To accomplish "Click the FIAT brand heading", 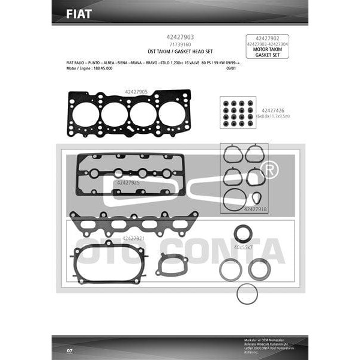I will pyautogui.click(x=79, y=14).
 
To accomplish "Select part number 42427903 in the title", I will pyautogui.click(x=179, y=37).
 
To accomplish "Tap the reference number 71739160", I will pyautogui.click(x=179, y=44).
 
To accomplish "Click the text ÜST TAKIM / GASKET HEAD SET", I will pyautogui.click(x=179, y=52).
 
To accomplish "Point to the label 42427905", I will pyautogui.click(x=136, y=92).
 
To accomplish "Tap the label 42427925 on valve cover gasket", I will pyautogui.click(x=128, y=182).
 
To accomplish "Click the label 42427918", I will pyautogui.click(x=256, y=209).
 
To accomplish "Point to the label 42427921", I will pyautogui.click(x=133, y=238).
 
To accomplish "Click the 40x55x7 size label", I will pyautogui.click(x=244, y=247).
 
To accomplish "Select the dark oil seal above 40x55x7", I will pyautogui.click(x=243, y=233).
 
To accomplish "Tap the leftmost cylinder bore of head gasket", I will pyautogui.click(x=86, y=115).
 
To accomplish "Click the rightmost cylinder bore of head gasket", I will pyautogui.click(x=172, y=114).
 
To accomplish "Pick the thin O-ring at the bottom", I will pyautogui.click(x=247, y=295).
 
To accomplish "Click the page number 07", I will pyautogui.click(x=70, y=349).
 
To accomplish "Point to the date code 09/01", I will pyautogui.click(x=230, y=68).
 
